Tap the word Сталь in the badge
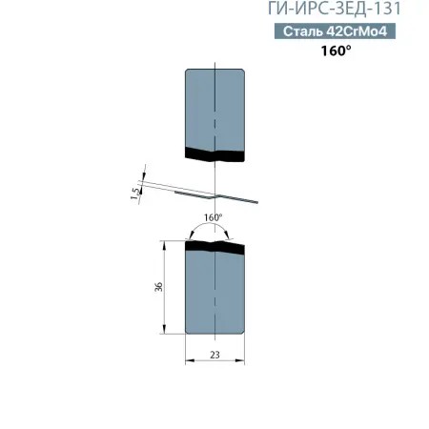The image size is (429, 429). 303,32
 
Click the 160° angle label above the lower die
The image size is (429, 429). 214,217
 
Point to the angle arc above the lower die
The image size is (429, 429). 215,227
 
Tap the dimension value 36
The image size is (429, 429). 158,286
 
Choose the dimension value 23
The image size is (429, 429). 215,354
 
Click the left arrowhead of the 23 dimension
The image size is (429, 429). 188,361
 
